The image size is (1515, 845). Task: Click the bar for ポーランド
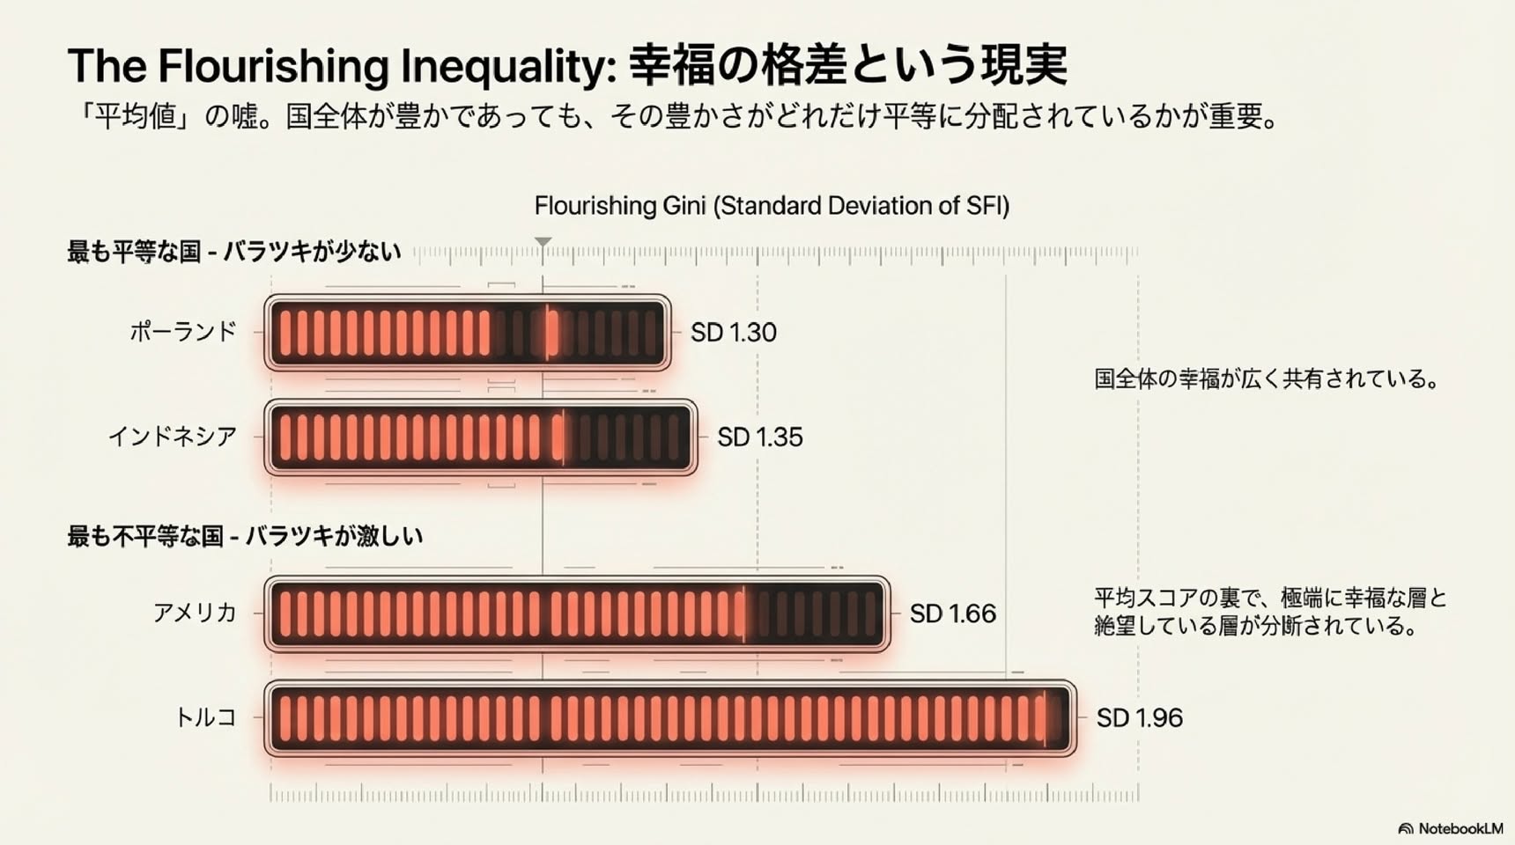click(467, 333)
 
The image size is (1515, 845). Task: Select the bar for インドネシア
click(480, 437)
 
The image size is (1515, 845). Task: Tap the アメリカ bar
click(577, 614)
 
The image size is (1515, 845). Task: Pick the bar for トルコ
click(670, 718)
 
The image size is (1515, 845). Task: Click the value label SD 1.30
click(734, 333)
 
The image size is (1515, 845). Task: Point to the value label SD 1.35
click(760, 437)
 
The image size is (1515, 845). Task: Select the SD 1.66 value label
click(953, 614)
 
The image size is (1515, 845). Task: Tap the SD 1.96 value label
click(1140, 718)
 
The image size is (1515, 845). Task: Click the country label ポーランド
click(183, 332)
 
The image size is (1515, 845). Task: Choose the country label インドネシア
click(173, 437)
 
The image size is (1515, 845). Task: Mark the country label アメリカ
click(196, 613)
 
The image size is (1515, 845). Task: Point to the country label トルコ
click(206, 717)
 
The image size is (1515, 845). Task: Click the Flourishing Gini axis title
click(772, 206)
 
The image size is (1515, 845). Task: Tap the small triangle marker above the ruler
click(543, 242)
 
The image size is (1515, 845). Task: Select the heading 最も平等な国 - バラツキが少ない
click(234, 253)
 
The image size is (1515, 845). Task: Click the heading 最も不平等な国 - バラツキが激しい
click(245, 536)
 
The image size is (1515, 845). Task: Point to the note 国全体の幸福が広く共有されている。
click(1267, 379)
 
